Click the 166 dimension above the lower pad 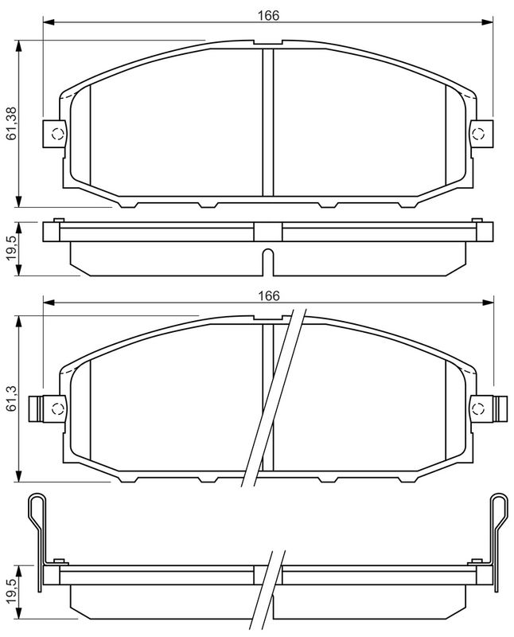pyautogui.click(x=268, y=295)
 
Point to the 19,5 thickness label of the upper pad pyautogui.click(x=11, y=248)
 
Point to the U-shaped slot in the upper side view pyautogui.click(x=267, y=260)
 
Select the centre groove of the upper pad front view pyautogui.click(x=267, y=123)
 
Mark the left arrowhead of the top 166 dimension pyautogui.click(x=47, y=24)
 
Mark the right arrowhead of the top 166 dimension pyautogui.click(x=488, y=24)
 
